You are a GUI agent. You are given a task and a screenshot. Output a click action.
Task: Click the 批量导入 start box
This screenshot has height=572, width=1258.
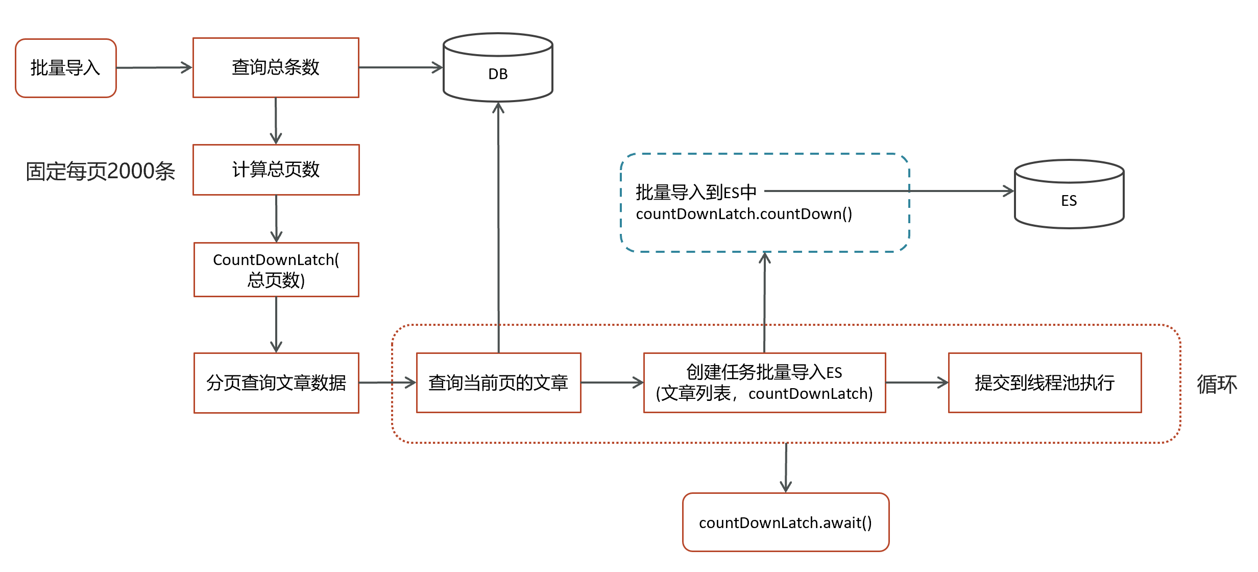pyautogui.click(x=66, y=68)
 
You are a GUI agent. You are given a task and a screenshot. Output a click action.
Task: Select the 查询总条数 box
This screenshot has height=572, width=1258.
pyautogui.click(x=276, y=67)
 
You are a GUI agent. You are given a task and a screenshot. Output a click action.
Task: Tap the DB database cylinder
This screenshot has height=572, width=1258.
pyautogui.click(x=498, y=67)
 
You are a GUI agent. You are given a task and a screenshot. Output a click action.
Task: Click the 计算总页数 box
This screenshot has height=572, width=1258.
pyautogui.click(x=276, y=170)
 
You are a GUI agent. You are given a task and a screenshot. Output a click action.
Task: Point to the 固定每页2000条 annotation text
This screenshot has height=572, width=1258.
pyautogui.click(x=101, y=171)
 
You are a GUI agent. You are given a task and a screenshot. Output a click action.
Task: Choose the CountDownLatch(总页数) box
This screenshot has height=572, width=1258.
pyautogui.click(x=276, y=270)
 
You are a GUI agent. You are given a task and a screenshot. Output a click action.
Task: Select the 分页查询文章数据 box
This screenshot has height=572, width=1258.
pyautogui.click(x=276, y=383)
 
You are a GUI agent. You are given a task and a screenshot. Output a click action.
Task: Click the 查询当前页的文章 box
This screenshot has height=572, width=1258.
pyautogui.click(x=499, y=383)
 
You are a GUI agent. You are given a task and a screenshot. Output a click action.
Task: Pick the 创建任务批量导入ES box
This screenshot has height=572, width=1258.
pyautogui.click(x=764, y=383)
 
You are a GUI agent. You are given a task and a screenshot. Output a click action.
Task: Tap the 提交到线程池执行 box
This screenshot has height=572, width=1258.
pyautogui.click(x=1045, y=383)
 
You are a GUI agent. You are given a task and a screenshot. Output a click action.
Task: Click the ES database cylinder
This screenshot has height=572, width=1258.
pyautogui.click(x=1069, y=194)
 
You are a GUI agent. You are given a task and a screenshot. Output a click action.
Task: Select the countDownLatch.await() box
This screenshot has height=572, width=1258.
pyautogui.click(x=786, y=522)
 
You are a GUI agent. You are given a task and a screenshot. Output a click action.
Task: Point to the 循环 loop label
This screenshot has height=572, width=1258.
pyautogui.click(x=1217, y=384)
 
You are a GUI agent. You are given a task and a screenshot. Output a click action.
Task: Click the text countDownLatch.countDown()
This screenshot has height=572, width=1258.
pyautogui.click(x=744, y=213)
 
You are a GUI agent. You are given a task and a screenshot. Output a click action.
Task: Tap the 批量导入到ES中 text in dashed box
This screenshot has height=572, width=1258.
pyautogui.click(x=696, y=192)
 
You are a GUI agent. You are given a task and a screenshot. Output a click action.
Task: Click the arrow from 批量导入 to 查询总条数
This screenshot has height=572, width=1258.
pyautogui.click(x=155, y=67)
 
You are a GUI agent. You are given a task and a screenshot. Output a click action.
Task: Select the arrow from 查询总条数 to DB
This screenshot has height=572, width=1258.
pyautogui.click(x=401, y=67)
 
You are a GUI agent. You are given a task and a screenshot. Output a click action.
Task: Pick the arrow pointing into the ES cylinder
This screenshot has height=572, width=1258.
pyautogui.click(x=889, y=191)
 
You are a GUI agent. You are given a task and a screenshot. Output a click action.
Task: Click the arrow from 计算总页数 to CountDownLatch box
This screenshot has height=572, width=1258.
pyautogui.click(x=276, y=219)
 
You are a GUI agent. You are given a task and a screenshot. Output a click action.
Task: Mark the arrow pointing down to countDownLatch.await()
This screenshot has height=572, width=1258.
pyautogui.click(x=786, y=468)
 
